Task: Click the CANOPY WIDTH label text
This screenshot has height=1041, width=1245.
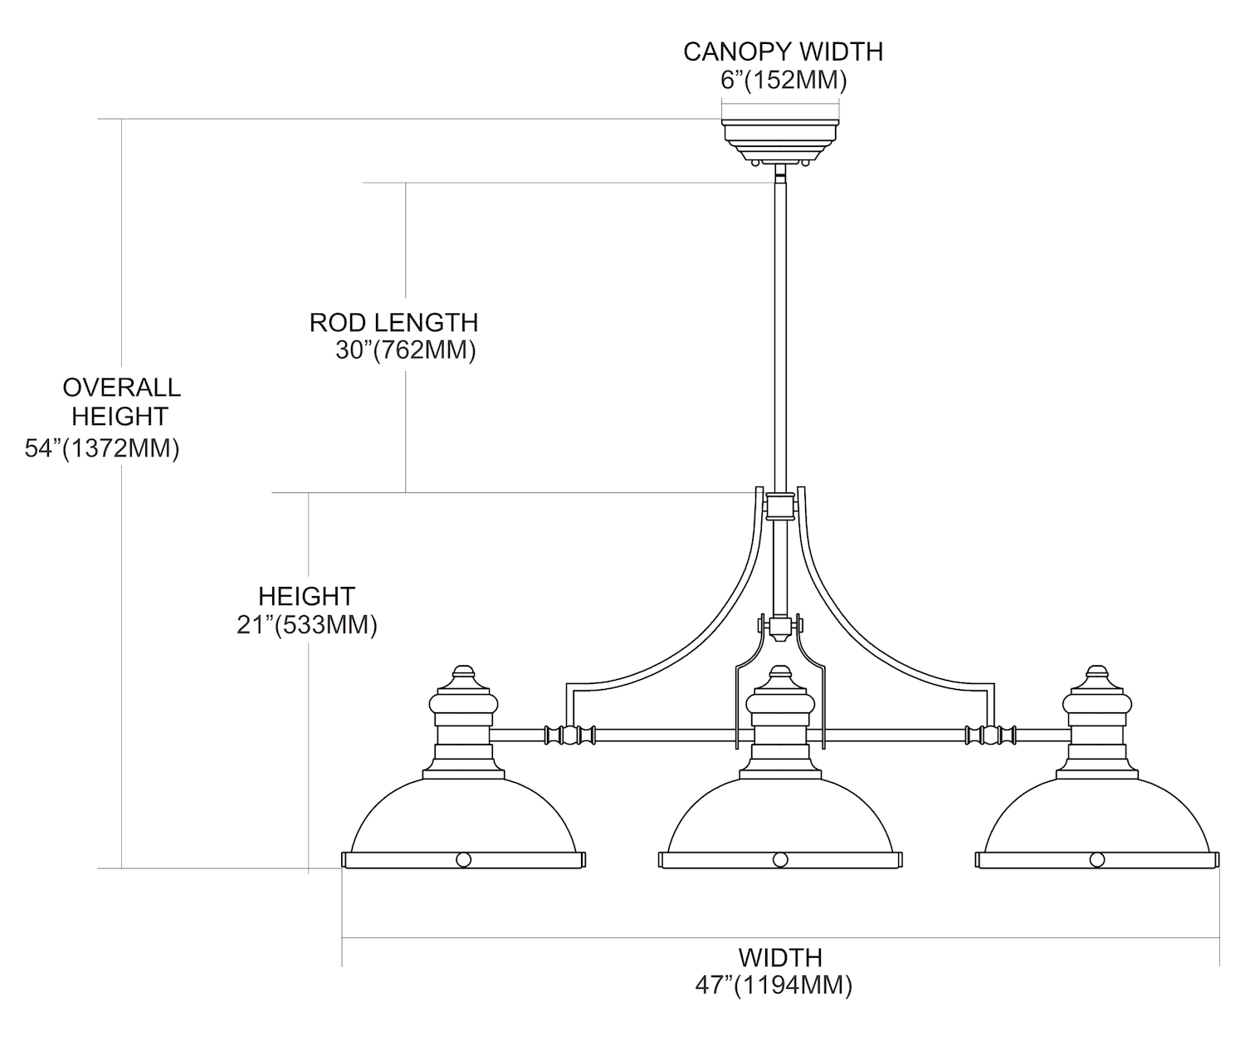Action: click(x=783, y=51)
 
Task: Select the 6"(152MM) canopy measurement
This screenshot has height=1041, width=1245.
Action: click(x=783, y=81)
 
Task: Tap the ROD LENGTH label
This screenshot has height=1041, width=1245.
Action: click(x=393, y=322)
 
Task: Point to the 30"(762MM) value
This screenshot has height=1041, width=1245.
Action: click(x=405, y=350)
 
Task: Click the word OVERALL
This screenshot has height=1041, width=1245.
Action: click(x=121, y=388)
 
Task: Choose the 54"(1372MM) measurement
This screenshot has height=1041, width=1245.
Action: click(x=102, y=449)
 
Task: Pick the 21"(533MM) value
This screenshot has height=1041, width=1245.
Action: click(x=306, y=625)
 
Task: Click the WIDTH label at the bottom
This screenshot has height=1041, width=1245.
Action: click(x=780, y=957)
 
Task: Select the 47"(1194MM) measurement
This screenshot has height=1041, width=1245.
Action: click(x=774, y=985)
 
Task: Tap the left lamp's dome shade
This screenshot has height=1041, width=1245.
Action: click(x=463, y=817)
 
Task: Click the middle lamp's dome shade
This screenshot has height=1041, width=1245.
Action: click(x=780, y=817)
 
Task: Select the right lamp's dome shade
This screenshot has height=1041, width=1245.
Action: click(x=1097, y=817)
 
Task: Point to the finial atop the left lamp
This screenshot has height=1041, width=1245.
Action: click(x=463, y=673)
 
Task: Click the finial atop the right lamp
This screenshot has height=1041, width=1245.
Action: click(x=1097, y=673)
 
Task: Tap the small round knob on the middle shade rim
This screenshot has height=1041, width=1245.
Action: click(x=780, y=859)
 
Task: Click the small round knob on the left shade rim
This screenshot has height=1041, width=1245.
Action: click(x=463, y=859)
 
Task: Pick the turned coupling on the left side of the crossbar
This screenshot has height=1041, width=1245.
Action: click(x=569, y=735)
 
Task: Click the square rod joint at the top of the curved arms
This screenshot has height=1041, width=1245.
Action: click(x=779, y=505)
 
